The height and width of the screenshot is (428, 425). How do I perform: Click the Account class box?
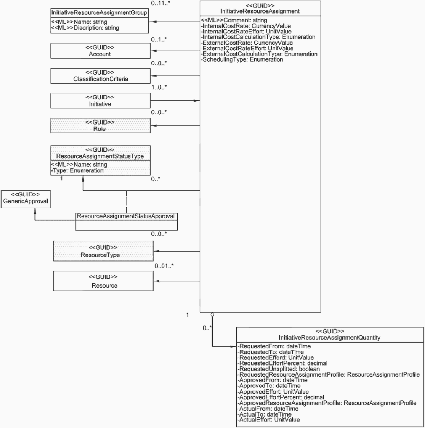pyautogui.click(x=100, y=51)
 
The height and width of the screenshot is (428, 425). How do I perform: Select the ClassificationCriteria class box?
pyautogui.click(x=100, y=76)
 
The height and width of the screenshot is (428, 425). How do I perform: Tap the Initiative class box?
pyautogui.click(x=100, y=101)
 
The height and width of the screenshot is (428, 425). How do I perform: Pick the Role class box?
pyautogui.click(x=100, y=126)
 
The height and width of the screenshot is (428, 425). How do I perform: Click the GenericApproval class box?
pyautogui.click(x=26, y=199)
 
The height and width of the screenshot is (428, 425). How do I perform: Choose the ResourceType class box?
pyautogui.click(x=103, y=251)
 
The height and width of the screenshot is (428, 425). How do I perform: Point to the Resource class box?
pyautogui.click(x=103, y=281)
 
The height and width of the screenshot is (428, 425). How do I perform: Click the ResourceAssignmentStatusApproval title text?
pyautogui.click(x=126, y=216)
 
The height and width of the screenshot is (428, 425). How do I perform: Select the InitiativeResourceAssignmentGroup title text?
pyautogui.click(x=99, y=12)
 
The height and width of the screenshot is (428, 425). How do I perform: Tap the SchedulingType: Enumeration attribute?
pyautogui.click(x=242, y=60)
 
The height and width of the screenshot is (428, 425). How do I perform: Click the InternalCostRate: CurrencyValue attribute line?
pyautogui.click(x=246, y=26)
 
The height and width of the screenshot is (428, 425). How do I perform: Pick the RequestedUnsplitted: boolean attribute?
pyautogui.click(x=279, y=369)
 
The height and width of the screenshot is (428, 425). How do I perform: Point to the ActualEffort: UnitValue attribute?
pyautogui.click(x=269, y=420)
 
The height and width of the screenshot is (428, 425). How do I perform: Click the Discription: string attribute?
pyautogui.click(x=85, y=28)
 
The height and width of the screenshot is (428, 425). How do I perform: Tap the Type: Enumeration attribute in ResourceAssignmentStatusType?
pyautogui.click(x=77, y=170)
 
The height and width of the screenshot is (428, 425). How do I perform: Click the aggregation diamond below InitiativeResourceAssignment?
pyautogui.click(x=212, y=315)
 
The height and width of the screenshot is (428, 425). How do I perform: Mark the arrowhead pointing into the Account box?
pyautogui.click(x=153, y=51)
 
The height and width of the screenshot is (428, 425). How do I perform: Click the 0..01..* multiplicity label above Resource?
pyautogui.click(x=164, y=266)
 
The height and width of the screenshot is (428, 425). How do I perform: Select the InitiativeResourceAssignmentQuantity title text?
pyautogui.click(x=329, y=337)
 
